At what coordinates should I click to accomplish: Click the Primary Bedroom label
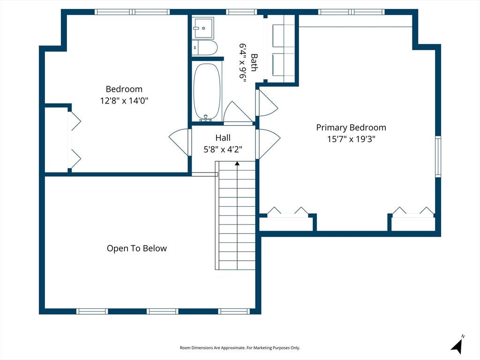click(x=351, y=127)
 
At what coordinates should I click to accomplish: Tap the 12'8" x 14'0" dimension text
click(x=124, y=100)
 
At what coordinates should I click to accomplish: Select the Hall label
click(x=223, y=138)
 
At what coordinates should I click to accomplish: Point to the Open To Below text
click(x=137, y=248)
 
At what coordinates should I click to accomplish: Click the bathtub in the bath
click(x=207, y=92)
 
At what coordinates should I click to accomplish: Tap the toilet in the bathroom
click(x=205, y=48)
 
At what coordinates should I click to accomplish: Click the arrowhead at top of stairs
click(x=237, y=164)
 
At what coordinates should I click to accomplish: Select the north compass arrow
click(x=457, y=345)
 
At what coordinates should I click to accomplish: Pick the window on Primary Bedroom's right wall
click(x=438, y=157)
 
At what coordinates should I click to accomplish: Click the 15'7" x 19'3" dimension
click(x=351, y=139)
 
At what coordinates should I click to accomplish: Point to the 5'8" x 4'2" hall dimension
click(x=223, y=150)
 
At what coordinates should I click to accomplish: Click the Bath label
click(x=254, y=62)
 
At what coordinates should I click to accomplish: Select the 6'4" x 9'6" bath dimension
click(x=243, y=63)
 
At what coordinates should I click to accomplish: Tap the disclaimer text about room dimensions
click(x=240, y=348)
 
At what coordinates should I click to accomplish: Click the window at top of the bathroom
click(x=241, y=12)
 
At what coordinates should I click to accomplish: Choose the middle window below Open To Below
click(x=163, y=311)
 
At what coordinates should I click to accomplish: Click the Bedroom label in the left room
click(x=124, y=89)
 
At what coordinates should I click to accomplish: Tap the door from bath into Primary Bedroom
click(x=266, y=103)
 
